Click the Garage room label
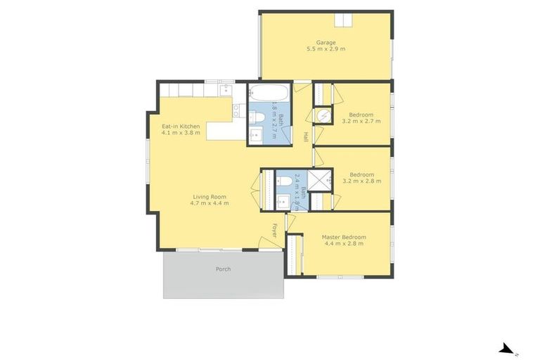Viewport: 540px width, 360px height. point(326,42)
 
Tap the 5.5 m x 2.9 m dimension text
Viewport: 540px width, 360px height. point(326,49)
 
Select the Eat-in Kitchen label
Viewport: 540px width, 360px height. point(181,127)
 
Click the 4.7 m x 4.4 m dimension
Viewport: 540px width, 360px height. point(209,204)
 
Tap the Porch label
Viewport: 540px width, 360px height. point(223,269)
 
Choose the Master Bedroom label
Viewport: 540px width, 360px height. point(344,238)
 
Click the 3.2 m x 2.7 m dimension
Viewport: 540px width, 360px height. point(361,121)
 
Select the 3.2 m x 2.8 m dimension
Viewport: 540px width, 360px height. point(361,181)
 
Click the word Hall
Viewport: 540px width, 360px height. point(305,136)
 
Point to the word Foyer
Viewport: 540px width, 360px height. point(275,230)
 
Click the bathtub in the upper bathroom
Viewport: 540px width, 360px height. point(268,93)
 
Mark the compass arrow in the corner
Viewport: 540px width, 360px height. point(505,348)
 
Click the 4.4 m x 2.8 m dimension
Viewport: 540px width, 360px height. point(344,245)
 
